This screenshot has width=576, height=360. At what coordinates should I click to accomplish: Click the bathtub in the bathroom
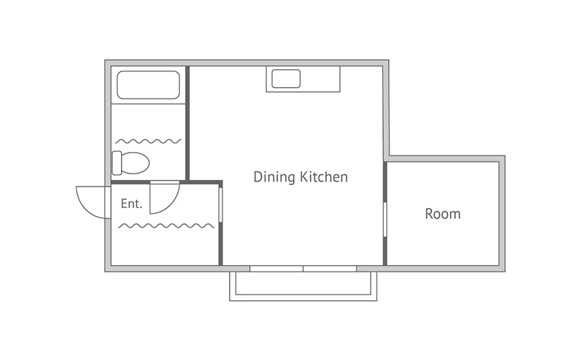point(148,85)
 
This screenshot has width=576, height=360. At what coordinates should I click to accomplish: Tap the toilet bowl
point(135,163)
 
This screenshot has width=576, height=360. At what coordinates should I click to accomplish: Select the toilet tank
point(117,163)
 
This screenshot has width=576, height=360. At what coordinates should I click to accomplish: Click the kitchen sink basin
point(286,78)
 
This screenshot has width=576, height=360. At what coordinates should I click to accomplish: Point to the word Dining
point(274,177)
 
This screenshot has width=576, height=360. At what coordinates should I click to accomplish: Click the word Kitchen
point(324,176)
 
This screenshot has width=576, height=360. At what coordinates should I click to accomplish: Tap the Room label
point(443,214)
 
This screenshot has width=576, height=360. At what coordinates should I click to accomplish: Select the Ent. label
point(132,204)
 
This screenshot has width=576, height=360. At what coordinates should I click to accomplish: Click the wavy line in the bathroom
point(148,141)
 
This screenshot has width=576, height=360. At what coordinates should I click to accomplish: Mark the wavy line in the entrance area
point(166,225)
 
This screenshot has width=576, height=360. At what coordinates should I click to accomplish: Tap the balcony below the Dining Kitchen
point(303,287)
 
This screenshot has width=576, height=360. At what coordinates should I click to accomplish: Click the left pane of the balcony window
point(276,269)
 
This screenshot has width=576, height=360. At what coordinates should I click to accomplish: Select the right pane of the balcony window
point(330,269)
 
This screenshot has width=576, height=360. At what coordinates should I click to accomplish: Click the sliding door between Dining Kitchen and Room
point(385,220)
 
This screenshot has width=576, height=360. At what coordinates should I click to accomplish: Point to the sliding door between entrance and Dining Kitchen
point(220,204)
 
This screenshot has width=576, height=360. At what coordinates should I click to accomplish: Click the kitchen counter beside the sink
point(320,79)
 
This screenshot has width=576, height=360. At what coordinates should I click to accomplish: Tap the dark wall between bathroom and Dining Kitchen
point(187,123)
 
